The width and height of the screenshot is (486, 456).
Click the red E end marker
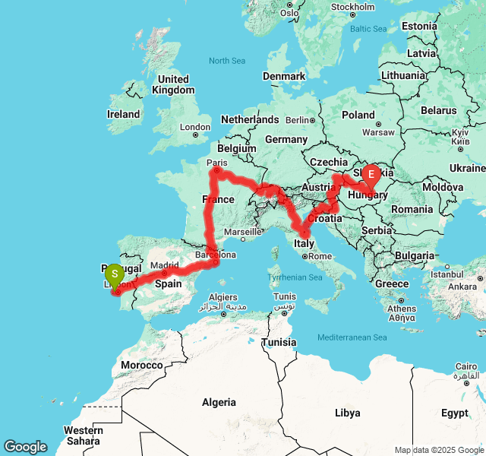371,175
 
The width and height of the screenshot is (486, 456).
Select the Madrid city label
170,264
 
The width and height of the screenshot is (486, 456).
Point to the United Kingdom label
173,84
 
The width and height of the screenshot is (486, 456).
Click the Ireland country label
123,114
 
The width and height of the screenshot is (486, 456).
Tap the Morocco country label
141,365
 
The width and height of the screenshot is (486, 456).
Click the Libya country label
347,413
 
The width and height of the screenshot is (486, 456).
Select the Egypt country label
454,413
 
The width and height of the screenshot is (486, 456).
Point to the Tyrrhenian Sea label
296,277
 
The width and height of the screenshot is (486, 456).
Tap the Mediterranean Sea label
352,337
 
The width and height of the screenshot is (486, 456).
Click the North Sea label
228,61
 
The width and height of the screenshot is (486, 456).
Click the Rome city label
319,256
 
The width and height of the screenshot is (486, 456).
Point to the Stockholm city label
352,7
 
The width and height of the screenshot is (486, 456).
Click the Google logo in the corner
25,447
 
